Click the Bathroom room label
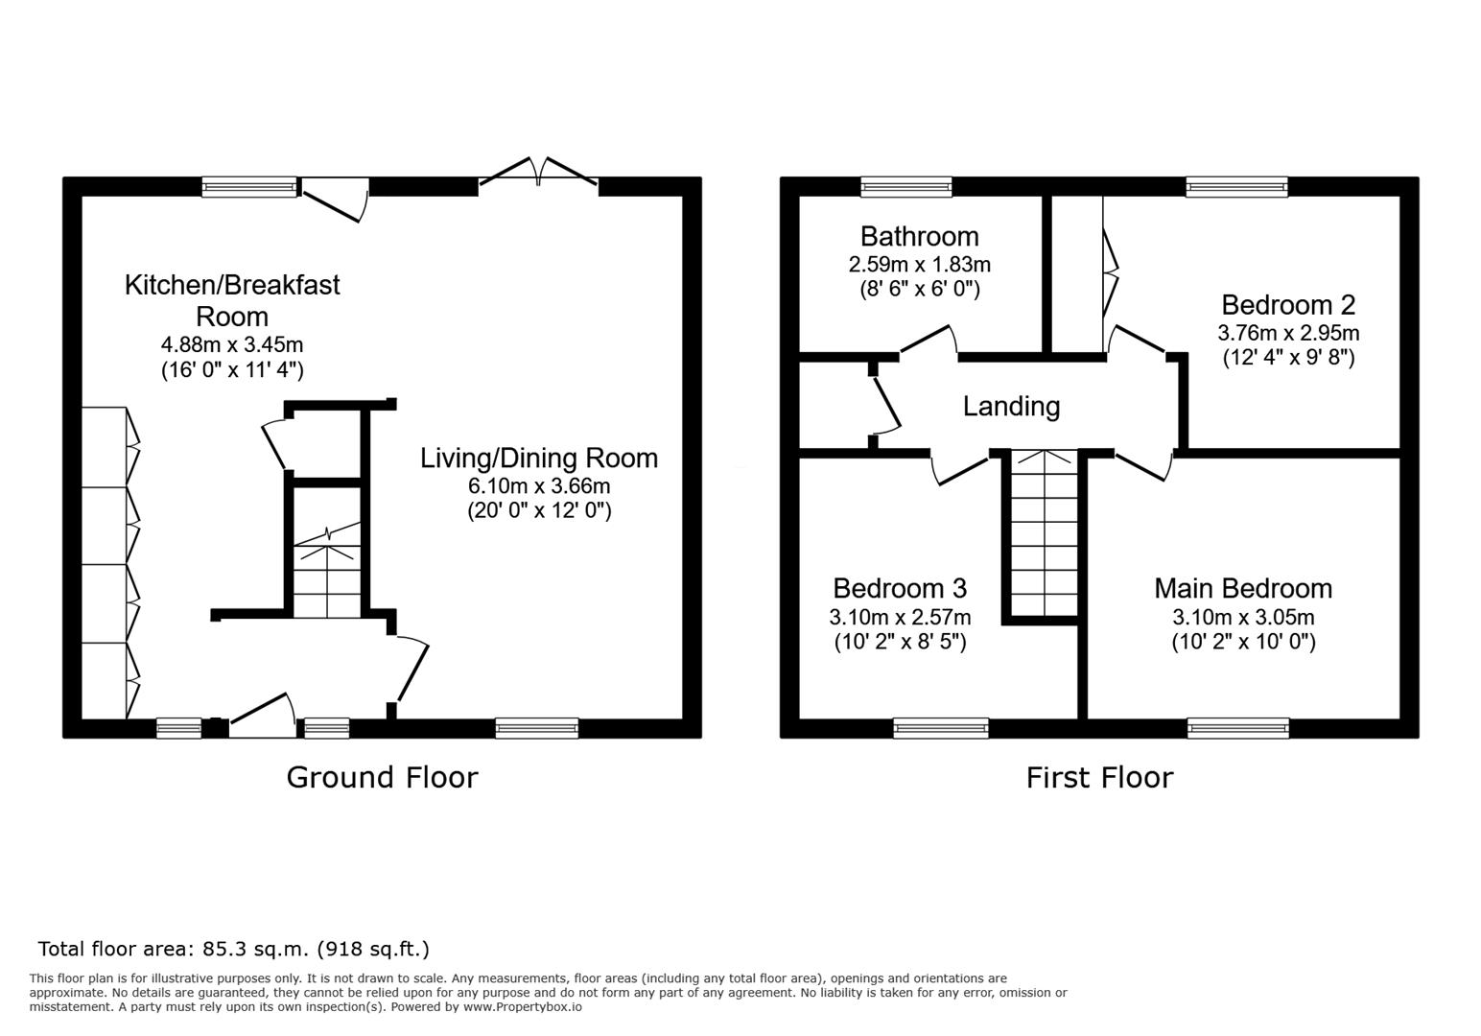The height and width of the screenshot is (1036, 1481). [919, 236]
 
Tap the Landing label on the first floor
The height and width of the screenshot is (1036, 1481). [1011, 406]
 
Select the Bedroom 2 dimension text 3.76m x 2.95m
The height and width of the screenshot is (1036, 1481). [1288, 333]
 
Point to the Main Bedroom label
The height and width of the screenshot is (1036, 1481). [1243, 588]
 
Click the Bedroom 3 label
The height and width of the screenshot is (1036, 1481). [900, 588]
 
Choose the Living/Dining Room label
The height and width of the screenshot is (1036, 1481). [539, 459]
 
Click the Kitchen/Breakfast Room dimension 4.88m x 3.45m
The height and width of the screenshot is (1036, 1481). [232, 344]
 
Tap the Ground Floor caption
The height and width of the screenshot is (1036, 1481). [382, 778]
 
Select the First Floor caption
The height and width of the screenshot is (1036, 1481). [1099, 778]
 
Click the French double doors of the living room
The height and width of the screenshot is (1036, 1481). [538, 172]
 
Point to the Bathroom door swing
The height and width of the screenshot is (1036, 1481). [929, 341]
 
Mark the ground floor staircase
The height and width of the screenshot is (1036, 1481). [327, 569]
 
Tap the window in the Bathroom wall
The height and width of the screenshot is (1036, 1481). [905, 187]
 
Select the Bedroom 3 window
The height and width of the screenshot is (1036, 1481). [941, 729]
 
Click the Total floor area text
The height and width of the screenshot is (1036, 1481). [233, 950]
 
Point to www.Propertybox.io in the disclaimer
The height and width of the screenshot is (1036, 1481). [523, 1007]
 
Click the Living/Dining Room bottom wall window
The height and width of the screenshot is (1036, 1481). [537, 729]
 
